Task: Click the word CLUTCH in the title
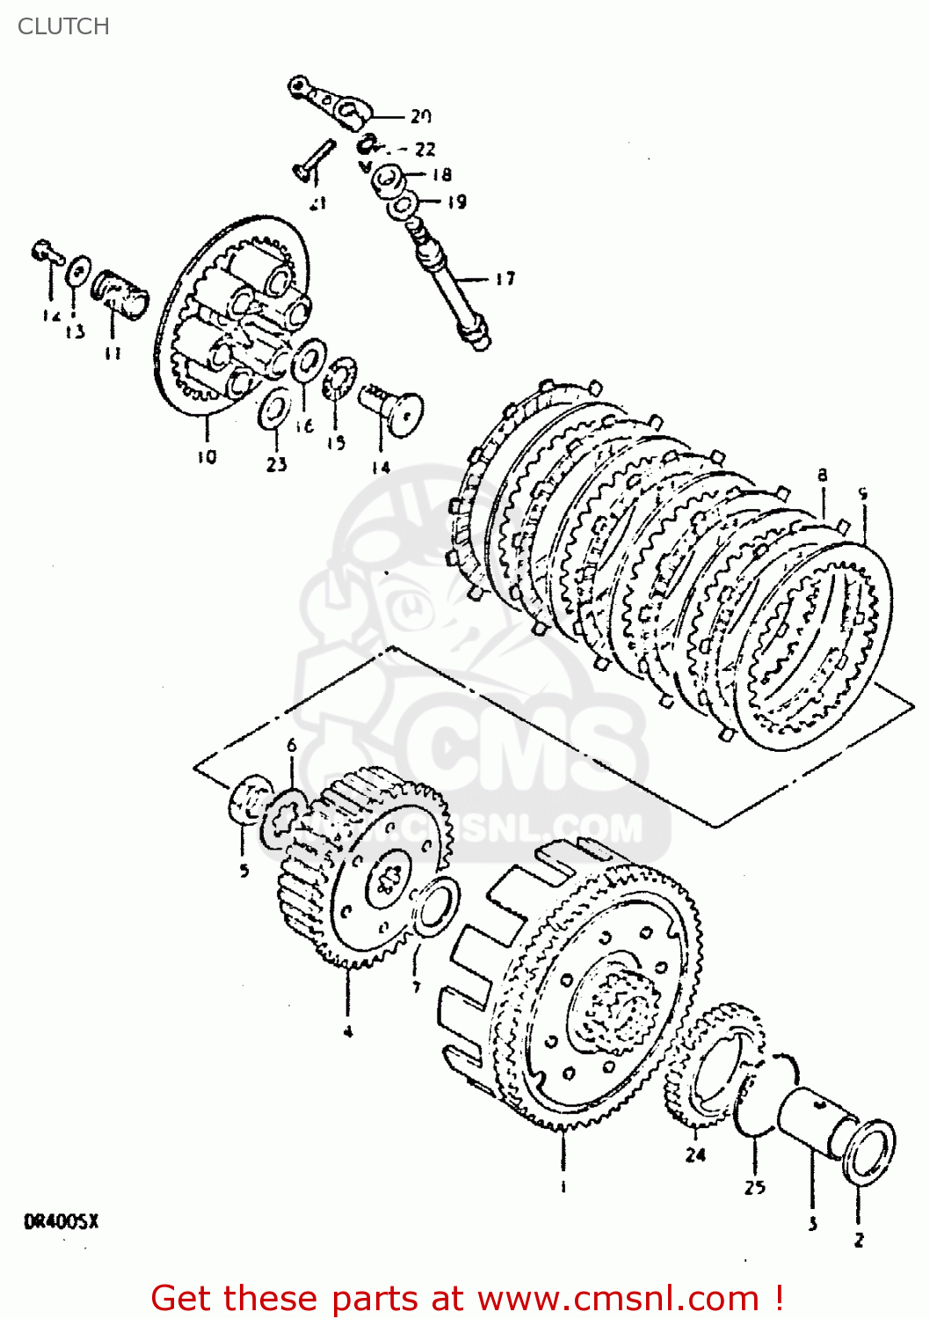click(63, 26)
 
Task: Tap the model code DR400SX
click(61, 1221)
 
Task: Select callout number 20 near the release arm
click(421, 116)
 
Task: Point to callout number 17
click(505, 280)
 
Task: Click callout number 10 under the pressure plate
click(206, 456)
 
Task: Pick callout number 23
click(277, 463)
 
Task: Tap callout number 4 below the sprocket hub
click(348, 1031)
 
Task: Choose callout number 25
click(754, 1187)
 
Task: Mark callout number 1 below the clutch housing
click(563, 1187)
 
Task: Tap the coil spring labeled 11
click(120, 293)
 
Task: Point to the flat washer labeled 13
click(78, 270)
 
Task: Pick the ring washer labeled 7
click(435, 907)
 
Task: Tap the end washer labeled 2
click(868, 1151)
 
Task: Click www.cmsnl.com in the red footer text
click(618, 1298)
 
